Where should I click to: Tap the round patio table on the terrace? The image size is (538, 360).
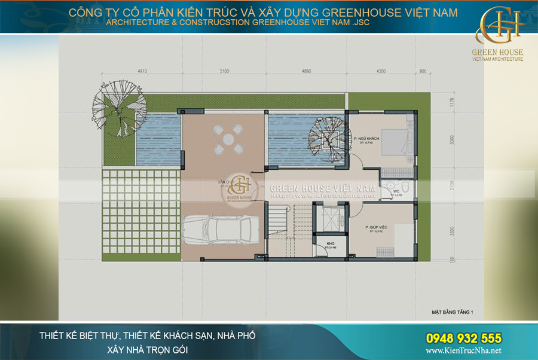coord(228,139)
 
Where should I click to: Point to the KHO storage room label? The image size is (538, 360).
coord(331,243)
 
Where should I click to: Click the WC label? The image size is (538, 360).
coord(396,192)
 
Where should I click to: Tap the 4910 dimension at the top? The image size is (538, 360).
coord(142,71)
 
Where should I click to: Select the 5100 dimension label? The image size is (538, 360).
coord(224,71)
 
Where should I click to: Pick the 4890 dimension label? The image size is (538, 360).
coord(305,71)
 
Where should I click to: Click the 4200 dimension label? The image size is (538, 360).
coord(381,71)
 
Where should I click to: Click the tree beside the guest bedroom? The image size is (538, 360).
coord(326,139)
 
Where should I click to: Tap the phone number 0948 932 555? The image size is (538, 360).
coord(464,338)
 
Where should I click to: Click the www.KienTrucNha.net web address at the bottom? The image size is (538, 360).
coord(464,351)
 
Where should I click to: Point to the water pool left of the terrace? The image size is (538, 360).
coord(158,141)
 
